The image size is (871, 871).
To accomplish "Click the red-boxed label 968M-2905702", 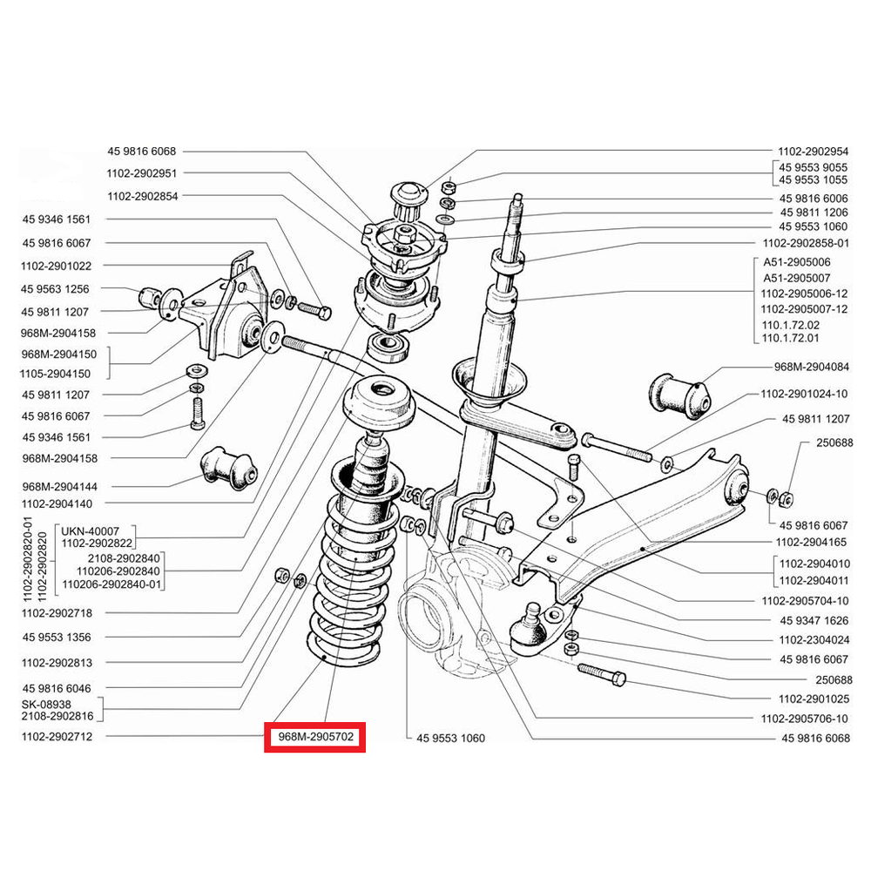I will coord(315,738).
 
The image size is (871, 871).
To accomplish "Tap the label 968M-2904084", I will coord(811,366).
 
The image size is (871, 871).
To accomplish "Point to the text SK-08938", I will coord(46,703).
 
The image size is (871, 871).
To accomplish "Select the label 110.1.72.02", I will coord(790,324).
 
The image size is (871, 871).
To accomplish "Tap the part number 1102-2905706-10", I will coord(804,719).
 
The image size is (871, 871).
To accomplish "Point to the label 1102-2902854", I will coord(143,196).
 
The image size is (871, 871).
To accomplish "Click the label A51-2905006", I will coord(796,261).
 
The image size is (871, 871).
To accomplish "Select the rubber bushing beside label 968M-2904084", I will coord(679,393).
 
